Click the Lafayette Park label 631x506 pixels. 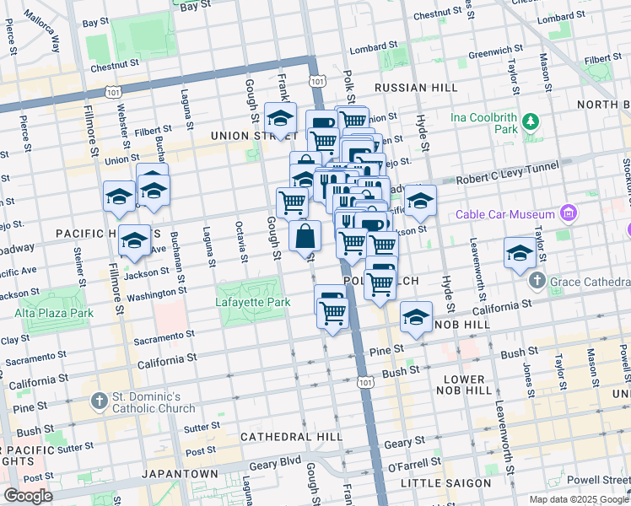coord(251,302)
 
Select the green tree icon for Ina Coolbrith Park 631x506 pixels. coord(530,122)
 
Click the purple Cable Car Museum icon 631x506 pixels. coord(569,213)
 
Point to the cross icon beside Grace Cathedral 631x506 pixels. coord(537,279)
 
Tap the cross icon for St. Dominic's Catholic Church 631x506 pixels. coord(99,400)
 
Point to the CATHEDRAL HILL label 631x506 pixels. coord(291,437)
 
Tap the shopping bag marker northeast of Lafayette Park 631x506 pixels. coord(305,237)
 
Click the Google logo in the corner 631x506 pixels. coord(28,496)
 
